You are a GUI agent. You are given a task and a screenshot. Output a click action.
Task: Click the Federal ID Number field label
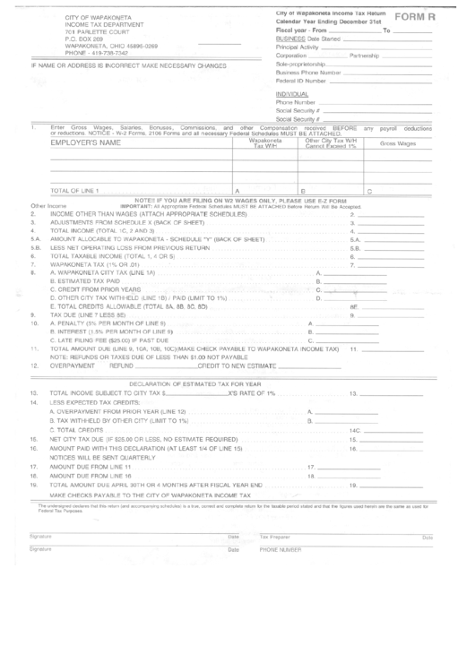coord(302,80)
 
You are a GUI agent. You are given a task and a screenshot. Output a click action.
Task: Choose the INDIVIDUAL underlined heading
coord(292,93)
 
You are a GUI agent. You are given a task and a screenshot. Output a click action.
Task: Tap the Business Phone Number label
coord(308,72)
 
